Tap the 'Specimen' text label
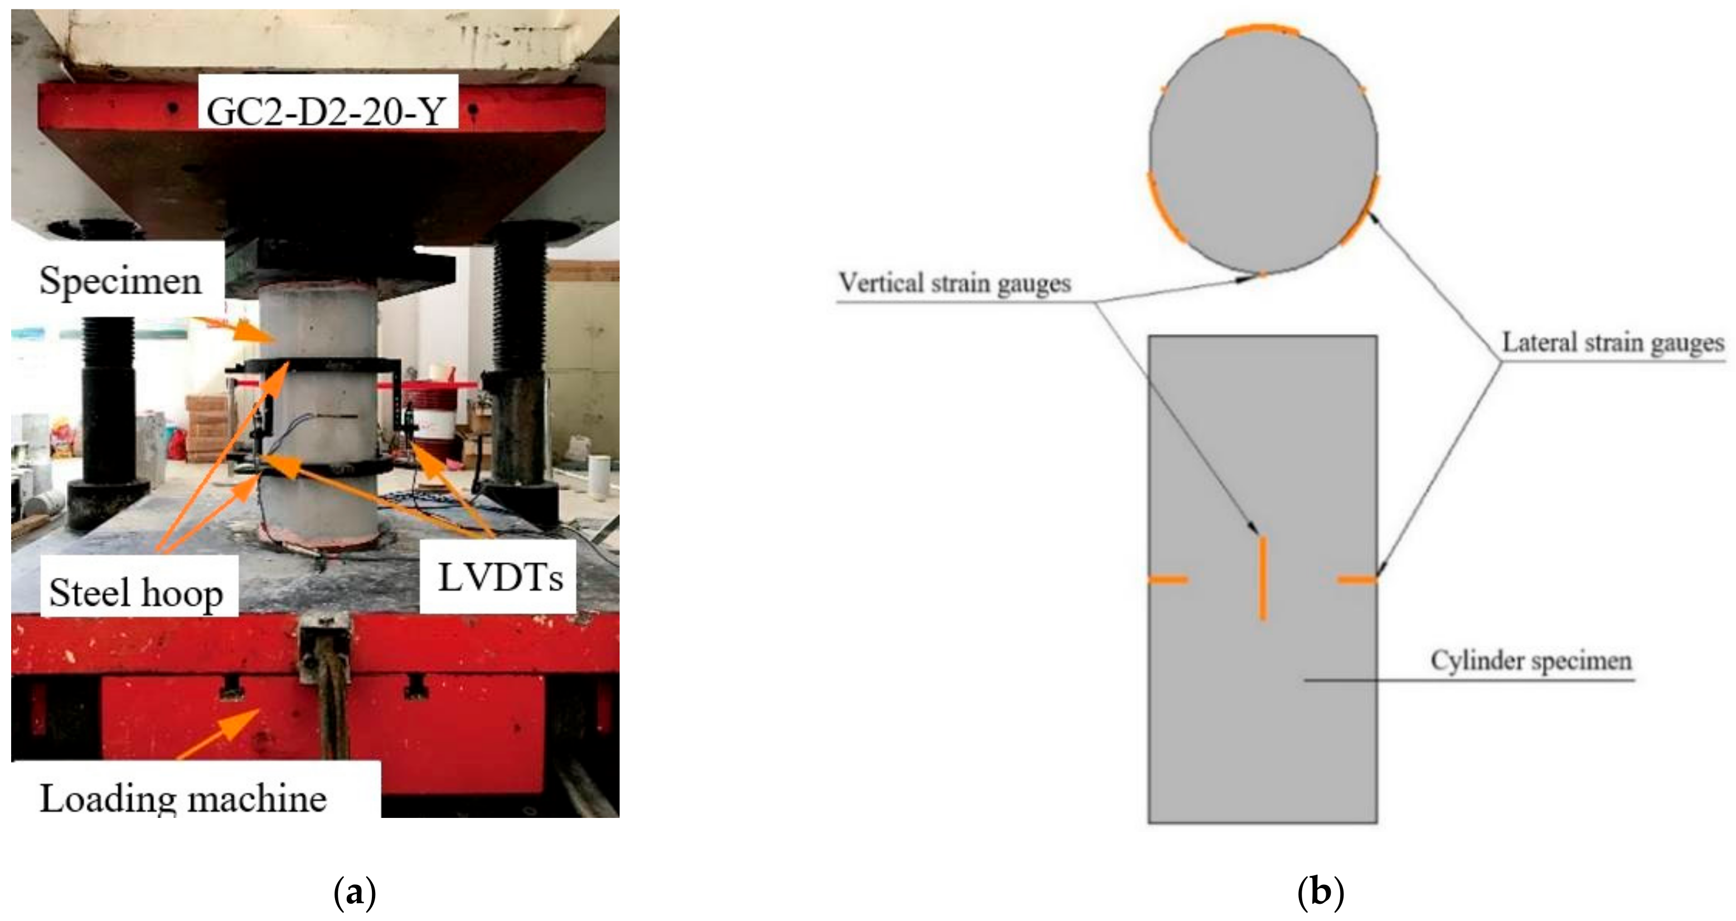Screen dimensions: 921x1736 pyautogui.click(x=120, y=280)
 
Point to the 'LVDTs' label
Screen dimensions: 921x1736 pyautogui.click(x=500, y=577)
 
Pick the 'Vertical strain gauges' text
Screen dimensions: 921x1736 pyautogui.click(x=954, y=284)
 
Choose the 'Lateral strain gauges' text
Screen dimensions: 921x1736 pyautogui.click(x=1613, y=343)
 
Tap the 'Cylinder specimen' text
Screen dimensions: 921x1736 pyautogui.click(x=1531, y=661)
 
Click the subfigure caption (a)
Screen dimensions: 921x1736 pyautogui.click(x=355, y=892)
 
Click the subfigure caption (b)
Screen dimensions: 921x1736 pyautogui.click(x=1320, y=892)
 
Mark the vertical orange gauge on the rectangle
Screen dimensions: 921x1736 pyautogui.click(x=1262, y=577)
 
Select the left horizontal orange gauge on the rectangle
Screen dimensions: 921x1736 pyautogui.click(x=1168, y=579)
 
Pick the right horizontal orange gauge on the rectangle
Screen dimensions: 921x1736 pyautogui.click(x=1356, y=579)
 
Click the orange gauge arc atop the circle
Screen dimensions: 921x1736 pyautogui.click(x=1262, y=30)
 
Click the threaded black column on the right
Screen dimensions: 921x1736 pyautogui.click(x=520, y=316)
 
